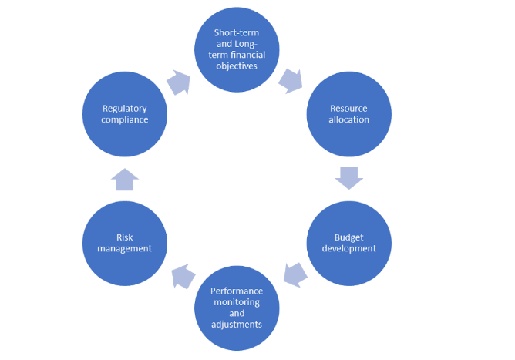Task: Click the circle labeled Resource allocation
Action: pos(348,114)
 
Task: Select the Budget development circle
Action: pos(348,244)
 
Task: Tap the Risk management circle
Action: pos(125,244)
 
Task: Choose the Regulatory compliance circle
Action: pos(125,114)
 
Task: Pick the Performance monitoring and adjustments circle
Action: pos(237,308)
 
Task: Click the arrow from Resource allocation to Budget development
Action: pos(348,178)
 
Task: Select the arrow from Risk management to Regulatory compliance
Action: pos(125,180)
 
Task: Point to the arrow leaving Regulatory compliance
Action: pos(179,82)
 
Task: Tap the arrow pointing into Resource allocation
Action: pos(291,81)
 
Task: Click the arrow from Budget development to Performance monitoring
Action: pos(295,275)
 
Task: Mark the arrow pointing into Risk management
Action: pos(183,277)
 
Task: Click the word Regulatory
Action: pos(125,109)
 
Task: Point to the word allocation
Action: pos(348,119)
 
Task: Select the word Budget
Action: pos(348,237)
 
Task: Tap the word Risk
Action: pos(125,237)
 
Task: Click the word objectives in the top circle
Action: pos(237,66)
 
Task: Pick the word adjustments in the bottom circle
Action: pos(237,325)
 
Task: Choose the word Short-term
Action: pos(237,32)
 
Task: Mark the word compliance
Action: pos(125,120)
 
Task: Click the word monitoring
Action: pos(237,302)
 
